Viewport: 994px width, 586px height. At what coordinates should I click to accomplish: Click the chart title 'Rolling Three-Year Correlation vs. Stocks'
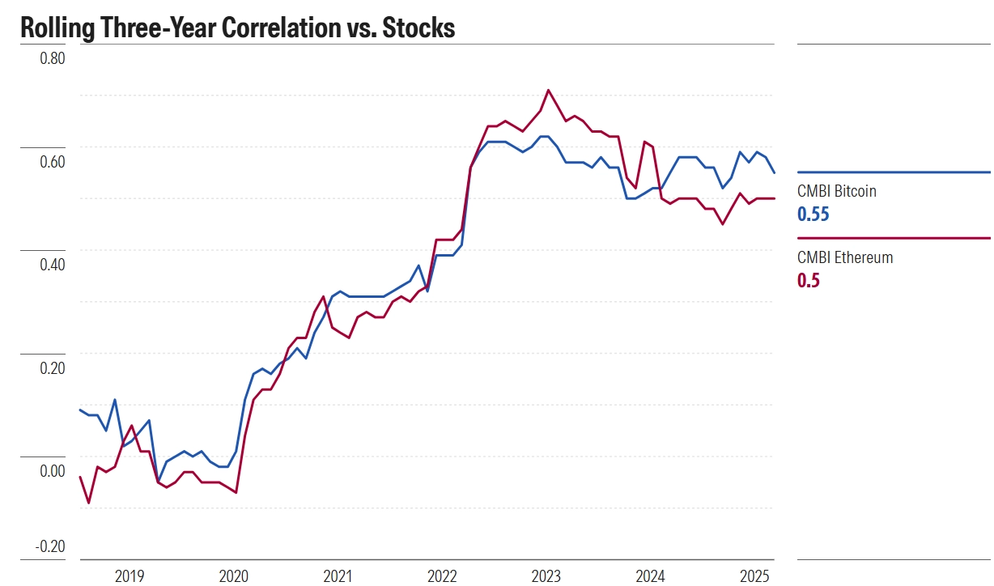click(237, 28)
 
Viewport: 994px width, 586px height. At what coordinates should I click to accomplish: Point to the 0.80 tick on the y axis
click(52, 59)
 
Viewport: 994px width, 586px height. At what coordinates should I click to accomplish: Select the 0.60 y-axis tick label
click(52, 162)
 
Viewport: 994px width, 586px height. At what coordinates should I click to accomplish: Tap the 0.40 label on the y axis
click(52, 265)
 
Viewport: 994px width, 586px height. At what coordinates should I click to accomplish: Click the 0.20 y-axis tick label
click(52, 368)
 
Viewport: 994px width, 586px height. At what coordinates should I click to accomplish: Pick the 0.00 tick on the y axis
click(52, 471)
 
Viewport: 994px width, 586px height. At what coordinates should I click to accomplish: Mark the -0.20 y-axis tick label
click(49, 546)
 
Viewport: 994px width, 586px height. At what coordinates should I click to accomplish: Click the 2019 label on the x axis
click(130, 576)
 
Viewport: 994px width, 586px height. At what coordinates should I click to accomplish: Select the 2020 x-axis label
click(234, 576)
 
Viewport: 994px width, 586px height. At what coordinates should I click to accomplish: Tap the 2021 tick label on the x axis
click(338, 576)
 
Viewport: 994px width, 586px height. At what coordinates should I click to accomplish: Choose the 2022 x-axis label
click(442, 576)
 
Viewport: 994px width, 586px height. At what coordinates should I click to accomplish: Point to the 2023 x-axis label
click(546, 576)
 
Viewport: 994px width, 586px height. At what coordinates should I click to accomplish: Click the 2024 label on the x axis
click(650, 576)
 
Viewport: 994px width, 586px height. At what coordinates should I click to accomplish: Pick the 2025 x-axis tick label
click(754, 576)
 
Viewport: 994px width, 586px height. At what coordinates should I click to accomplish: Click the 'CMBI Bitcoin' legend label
click(837, 192)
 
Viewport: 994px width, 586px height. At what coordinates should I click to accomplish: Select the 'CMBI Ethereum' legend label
click(845, 258)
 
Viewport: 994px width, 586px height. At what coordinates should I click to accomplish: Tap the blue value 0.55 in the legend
click(813, 214)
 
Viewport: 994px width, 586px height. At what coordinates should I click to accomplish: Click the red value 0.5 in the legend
click(809, 281)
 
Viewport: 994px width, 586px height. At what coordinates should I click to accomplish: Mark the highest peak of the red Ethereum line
click(549, 90)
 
